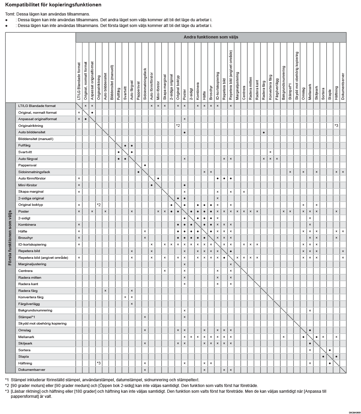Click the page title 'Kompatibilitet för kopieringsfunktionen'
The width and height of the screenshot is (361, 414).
pos(53,5)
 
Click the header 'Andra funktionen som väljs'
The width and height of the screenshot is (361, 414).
pos(211,37)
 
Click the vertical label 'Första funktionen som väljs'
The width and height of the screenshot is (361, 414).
pos(10,238)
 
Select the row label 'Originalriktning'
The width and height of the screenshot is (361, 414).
pos(31,126)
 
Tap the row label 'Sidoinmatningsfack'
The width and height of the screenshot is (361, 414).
pos(34,172)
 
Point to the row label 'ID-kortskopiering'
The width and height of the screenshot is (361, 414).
pos(32,244)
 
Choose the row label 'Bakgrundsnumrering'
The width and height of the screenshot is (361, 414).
pos(35,310)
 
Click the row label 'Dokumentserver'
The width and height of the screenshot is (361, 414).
pos(32,369)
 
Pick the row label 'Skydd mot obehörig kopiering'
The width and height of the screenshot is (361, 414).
pos(42,323)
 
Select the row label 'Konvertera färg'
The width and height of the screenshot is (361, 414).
pos(31,297)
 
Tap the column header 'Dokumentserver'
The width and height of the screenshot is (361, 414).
pos(343,86)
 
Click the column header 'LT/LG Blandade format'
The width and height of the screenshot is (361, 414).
pos(79,81)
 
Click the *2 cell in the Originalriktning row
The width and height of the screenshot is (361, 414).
pos(178,126)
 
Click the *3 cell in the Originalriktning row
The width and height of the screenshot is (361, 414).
pos(336,126)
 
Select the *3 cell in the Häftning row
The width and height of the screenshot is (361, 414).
pos(99,363)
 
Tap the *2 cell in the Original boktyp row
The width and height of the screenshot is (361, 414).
pos(99,205)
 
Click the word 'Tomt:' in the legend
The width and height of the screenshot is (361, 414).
pos(10,14)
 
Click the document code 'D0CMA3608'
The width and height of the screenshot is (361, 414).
pos(355,412)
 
